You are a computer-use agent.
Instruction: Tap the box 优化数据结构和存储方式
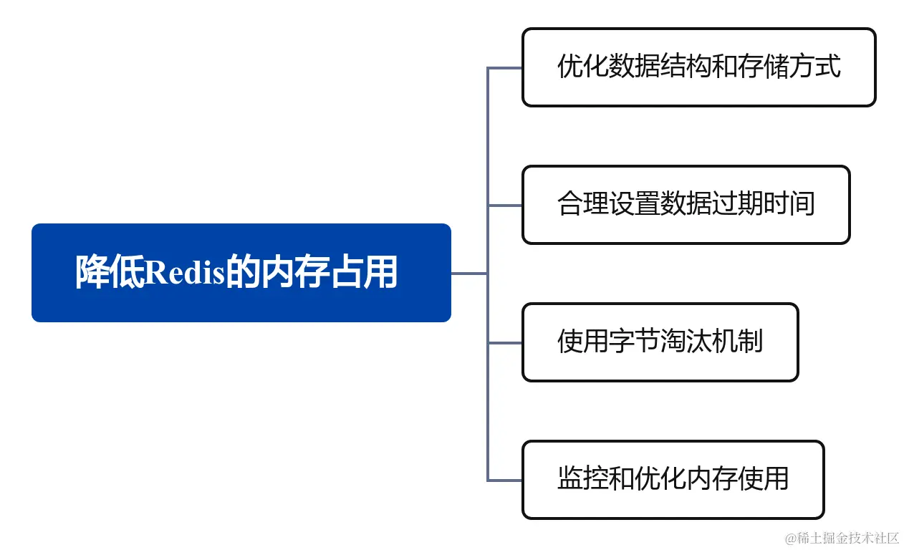tap(698, 67)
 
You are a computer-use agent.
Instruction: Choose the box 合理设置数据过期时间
tap(686, 205)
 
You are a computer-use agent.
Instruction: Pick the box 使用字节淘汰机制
tap(660, 342)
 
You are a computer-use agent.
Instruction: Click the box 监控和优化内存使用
tap(673, 479)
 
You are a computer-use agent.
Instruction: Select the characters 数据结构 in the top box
tap(655, 67)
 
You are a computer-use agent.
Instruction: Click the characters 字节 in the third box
tap(635, 342)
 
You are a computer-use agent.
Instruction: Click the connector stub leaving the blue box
tap(469, 273)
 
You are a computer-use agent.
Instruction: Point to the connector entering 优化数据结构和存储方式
tap(505, 68)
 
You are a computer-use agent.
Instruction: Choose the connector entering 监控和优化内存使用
tap(505, 480)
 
